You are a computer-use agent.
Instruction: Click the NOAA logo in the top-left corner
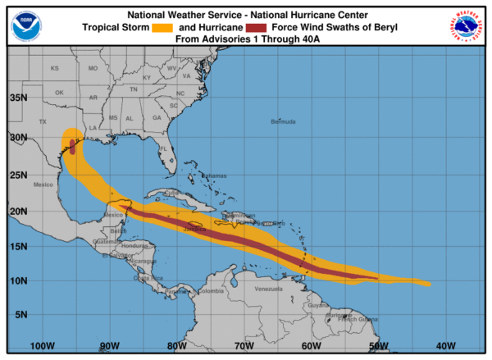pyautogui.click(x=25, y=25)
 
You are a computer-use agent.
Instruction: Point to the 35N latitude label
pyautogui.click(x=19, y=98)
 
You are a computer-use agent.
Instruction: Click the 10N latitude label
pyautogui.click(x=19, y=280)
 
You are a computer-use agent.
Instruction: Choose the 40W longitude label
pyautogui.click(x=447, y=345)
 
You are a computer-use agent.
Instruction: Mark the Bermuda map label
pyautogui.click(x=282, y=122)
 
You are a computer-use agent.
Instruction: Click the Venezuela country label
pyautogui.click(x=268, y=289)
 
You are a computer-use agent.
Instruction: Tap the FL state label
pyautogui.click(x=163, y=148)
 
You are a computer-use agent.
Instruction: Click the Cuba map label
pyautogui.click(x=171, y=193)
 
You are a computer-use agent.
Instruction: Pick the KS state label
pyautogui.click(x=55, y=68)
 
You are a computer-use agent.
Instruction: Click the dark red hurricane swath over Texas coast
pyautogui.click(x=72, y=147)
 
